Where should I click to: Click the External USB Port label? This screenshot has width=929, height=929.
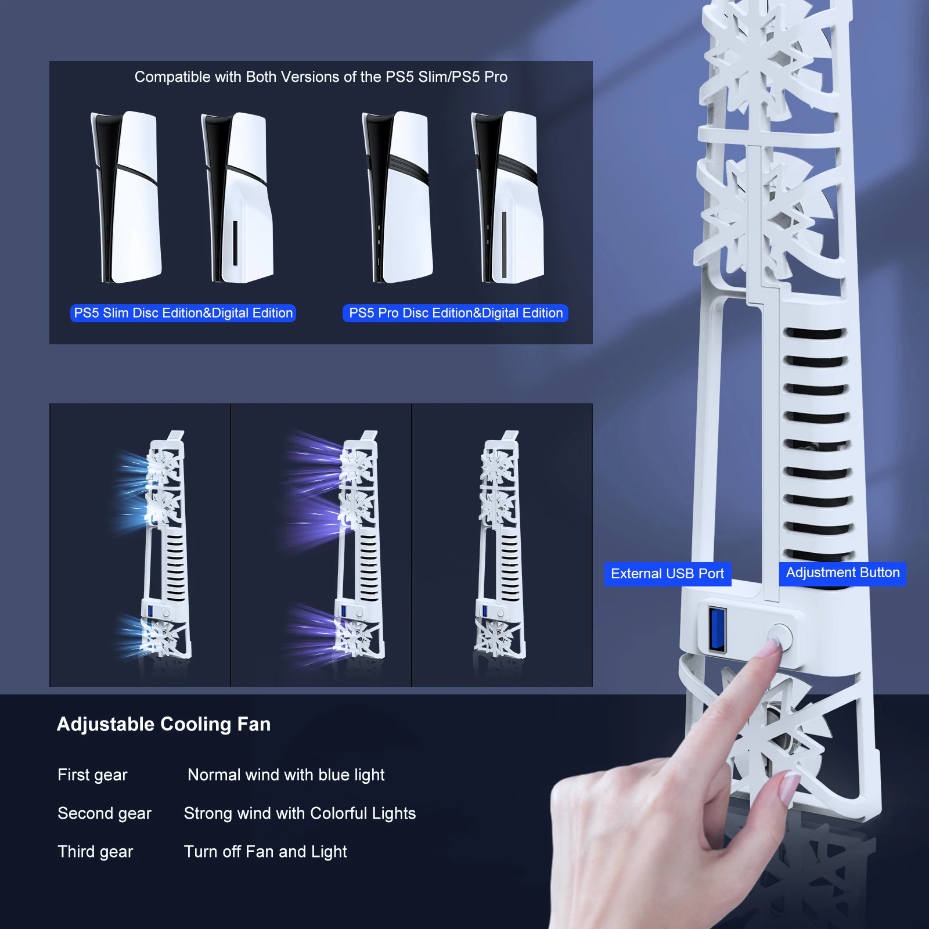(667, 574)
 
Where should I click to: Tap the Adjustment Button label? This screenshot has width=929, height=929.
(842, 573)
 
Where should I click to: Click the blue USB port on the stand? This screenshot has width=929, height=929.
(717, 629)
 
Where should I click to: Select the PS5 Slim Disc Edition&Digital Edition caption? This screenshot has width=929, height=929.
(183, 313)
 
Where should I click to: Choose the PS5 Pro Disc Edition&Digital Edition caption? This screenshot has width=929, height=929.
(456, 313)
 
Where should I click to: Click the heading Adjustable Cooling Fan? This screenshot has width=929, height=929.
(164, 724)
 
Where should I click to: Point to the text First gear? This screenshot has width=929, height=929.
(92, 775)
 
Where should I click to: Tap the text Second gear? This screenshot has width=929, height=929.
(105, 813)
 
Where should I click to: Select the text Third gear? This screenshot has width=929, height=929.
(95, 852)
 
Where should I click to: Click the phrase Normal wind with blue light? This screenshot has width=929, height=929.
(286, 775)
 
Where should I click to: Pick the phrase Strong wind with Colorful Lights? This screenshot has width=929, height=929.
(300, 813)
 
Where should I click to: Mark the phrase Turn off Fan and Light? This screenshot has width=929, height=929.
(265, 852)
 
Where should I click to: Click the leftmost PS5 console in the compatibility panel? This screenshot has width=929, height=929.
(126, 197)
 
